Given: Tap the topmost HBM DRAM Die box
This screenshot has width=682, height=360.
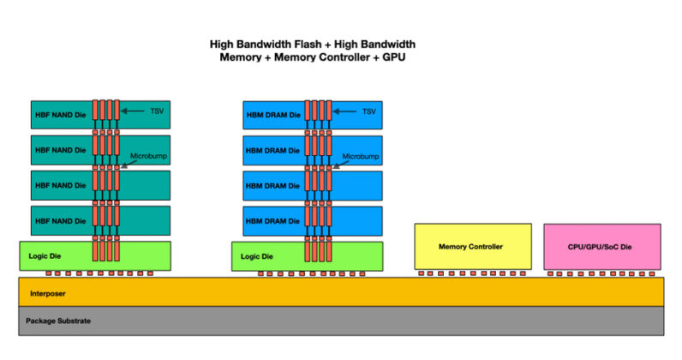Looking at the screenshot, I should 272,115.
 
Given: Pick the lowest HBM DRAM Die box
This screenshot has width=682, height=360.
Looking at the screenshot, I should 272,221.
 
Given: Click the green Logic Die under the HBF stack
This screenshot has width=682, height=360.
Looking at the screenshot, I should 51,256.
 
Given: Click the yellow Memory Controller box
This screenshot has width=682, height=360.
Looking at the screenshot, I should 472,247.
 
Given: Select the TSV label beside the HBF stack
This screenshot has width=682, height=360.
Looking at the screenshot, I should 157,111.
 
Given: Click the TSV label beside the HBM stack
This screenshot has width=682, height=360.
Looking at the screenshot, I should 369,111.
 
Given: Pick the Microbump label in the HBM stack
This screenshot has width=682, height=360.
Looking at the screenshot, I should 358,156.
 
